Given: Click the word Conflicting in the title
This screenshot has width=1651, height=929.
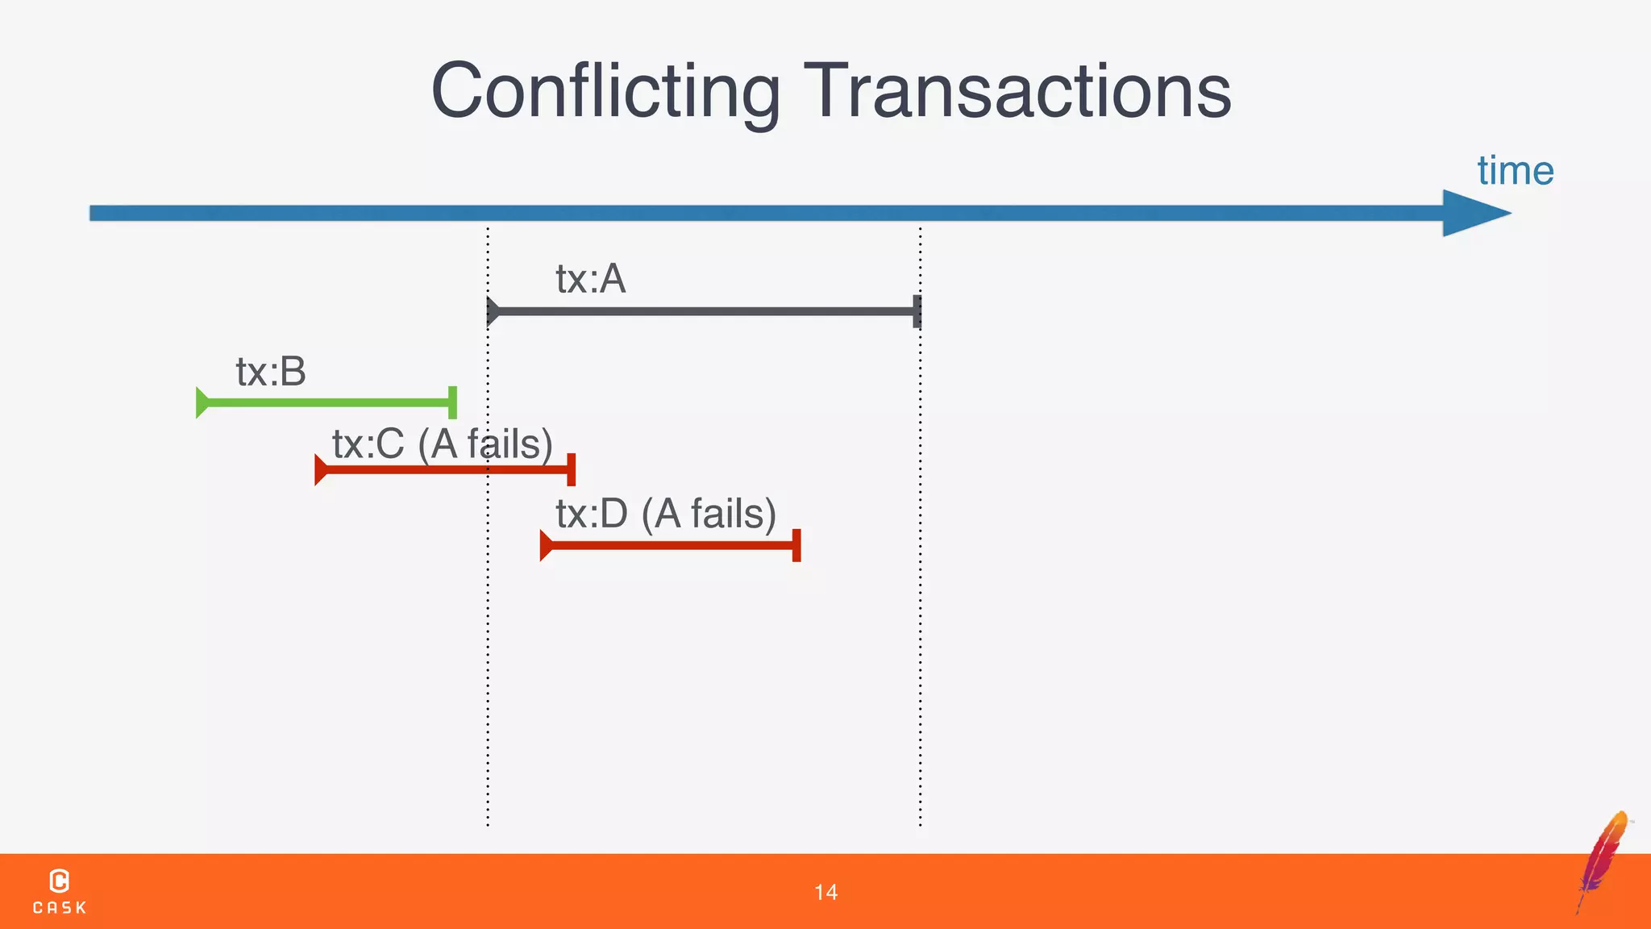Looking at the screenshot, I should pyautogui.click(x=605, y=91).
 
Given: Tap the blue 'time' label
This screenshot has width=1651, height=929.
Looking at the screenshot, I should pyautogui.click(x=1515, y=171).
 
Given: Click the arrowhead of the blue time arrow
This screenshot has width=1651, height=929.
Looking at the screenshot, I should pyautogui.click(x=1474, y=213).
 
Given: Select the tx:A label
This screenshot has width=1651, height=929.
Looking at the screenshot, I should pyautogui.click(x=590, y=279).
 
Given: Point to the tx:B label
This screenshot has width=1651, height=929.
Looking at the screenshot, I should pyautogui.click(x=271, y=372).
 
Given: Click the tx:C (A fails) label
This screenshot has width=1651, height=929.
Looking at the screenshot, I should pyautogui.click(x=442, y=444).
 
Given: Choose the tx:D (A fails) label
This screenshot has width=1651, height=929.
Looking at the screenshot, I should pyautogui.click(x=666, y=514).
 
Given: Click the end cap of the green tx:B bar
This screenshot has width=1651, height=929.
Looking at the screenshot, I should pyautogui.click(x=452, y=402).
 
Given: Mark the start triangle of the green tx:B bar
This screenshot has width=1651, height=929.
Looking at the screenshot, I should pyautogui.click(x=202, y=402).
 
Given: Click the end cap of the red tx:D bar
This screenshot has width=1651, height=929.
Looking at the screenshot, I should pyautogui.click(x=796, y=546).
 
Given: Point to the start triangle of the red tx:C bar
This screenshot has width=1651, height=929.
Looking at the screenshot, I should pyautogui.click(x=321, y=470).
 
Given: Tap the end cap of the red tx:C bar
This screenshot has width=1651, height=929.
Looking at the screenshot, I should pyautogui.click(x=572, y=470).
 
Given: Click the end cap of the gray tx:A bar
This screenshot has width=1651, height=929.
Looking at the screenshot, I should pyautogui.click(x=917, y=311).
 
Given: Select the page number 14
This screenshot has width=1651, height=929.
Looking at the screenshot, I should pyautogui.click(x=825, y=892).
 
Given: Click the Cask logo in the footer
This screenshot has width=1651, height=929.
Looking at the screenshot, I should pyautogui.click(x=59, y=891).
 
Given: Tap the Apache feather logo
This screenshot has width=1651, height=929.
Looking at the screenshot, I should pyautogui.click(x=1603, y=860).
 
